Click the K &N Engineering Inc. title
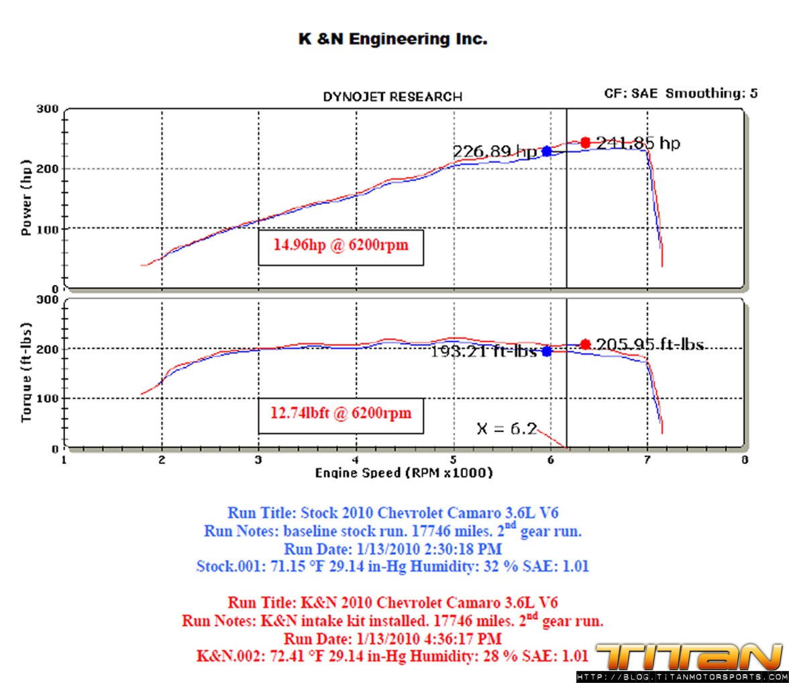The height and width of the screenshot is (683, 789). tap(392, 40)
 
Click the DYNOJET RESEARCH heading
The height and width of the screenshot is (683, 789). tap(392, 97)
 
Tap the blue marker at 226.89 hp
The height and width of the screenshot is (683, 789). tap(547, 152)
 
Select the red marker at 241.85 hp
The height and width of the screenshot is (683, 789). tap(585, 142)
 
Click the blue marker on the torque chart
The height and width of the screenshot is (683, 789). tap(547, 351)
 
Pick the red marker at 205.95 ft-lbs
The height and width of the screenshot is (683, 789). tap(585, 344)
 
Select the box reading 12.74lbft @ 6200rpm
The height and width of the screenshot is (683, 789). tap(341, 414)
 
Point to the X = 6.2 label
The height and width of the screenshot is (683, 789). tap(506, 428)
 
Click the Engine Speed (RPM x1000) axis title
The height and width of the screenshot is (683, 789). tap(404, 473)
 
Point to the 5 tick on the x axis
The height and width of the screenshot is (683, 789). tap(454, 460)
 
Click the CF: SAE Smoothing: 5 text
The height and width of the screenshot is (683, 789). tap(681, 93)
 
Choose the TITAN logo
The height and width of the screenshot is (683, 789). tap(689, 657)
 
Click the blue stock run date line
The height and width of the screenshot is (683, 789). tap(392, 549)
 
